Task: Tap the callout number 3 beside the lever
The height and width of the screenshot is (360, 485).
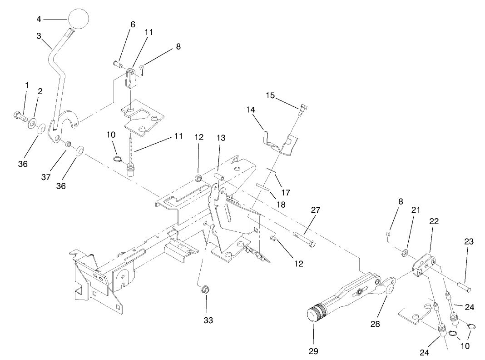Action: (x=39, y=35)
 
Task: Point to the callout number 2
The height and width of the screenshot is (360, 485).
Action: (x=40, y=91)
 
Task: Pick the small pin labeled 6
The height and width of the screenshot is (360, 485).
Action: (x=118, y=64)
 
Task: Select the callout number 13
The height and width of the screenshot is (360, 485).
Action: (x=221, y=137)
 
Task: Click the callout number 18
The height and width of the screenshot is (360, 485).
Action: (x=281, y=205)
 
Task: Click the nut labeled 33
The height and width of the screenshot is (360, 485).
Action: (x=205, y=289)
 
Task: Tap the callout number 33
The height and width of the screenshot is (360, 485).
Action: (x=208, y=320)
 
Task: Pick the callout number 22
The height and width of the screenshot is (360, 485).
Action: (x=434, y=221)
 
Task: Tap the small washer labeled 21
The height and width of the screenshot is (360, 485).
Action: (x=405, y=251)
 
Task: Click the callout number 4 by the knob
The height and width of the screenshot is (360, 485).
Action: (x=39, y=19)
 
